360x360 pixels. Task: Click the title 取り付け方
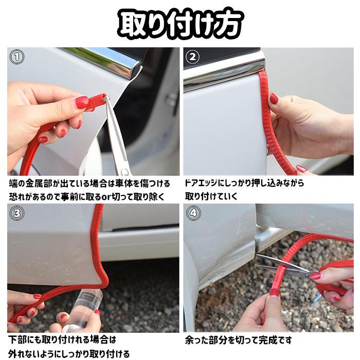pos(181,24)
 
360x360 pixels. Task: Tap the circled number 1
pos(17,57)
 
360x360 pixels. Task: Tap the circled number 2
pos(192,57)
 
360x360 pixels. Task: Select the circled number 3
pos(17,213)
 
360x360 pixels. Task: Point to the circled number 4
pos(193,213)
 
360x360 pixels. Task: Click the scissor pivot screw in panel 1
pos(124,171)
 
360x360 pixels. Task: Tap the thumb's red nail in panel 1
pos(82,102)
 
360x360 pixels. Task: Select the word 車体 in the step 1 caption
pos(124,184)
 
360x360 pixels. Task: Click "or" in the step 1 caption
pos(106,197)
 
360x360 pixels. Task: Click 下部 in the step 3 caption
pos(17,339)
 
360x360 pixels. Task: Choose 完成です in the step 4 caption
pos(275,340)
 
